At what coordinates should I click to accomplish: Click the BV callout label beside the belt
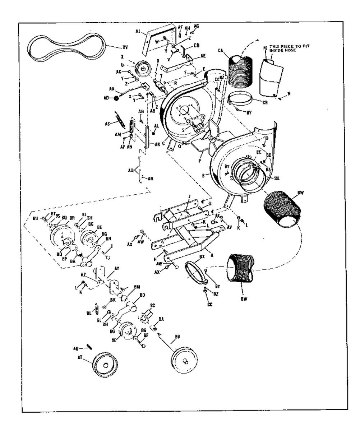125,47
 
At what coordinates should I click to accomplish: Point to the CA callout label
222,51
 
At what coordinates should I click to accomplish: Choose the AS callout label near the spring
107,124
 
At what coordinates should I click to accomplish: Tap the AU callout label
76,348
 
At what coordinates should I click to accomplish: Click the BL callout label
89,313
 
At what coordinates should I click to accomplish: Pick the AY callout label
116,268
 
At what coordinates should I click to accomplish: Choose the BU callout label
35,218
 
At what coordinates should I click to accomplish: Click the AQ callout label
131,170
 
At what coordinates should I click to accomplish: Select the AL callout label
156,126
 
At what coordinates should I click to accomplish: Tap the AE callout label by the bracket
203,56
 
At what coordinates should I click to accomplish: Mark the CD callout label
197,46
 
